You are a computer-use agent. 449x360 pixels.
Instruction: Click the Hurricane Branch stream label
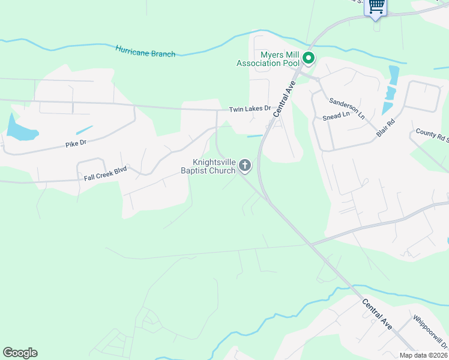tap(145, 50)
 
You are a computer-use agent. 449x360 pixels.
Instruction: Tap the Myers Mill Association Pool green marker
tap(309, 58)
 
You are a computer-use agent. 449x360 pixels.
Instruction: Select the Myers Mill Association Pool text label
tap(268, 59)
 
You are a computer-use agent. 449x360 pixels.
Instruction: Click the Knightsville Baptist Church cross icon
tap(245, 165)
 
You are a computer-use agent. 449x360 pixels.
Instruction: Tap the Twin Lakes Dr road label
tap(250, 109)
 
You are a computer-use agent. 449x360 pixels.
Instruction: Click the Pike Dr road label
tap(76, 143)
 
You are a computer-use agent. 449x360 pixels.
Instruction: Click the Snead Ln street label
tap(336, 115)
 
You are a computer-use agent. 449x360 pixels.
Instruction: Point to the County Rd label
tap(432, 136)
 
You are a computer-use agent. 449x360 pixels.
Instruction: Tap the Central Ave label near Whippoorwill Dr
tap(377, 314)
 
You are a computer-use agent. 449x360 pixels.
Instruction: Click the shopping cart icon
tap(376, 6)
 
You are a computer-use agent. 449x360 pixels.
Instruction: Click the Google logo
tap(20, 353)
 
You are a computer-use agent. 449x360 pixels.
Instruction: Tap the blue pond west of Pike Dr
tap(19, 127)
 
